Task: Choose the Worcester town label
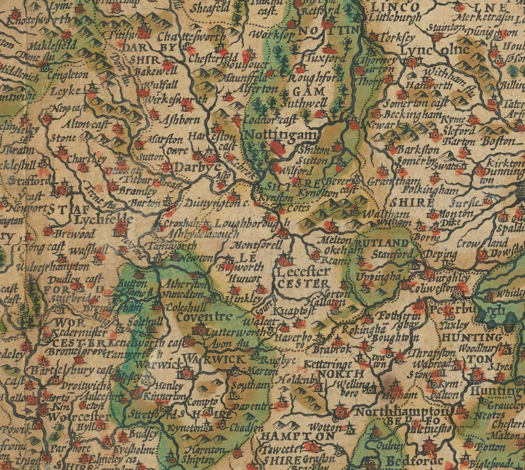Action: pos(71,418)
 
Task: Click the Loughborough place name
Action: pos(252,223)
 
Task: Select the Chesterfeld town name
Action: pos(216,58)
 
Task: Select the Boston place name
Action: pos(499,141)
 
